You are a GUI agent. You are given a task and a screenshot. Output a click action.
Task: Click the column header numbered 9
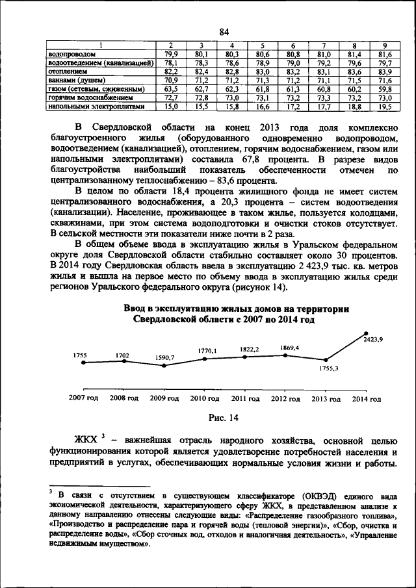[x=385, y=45]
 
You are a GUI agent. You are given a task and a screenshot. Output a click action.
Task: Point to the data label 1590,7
[x=163, y=357]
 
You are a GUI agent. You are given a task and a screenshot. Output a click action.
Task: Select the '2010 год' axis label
[x=205, y=398]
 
